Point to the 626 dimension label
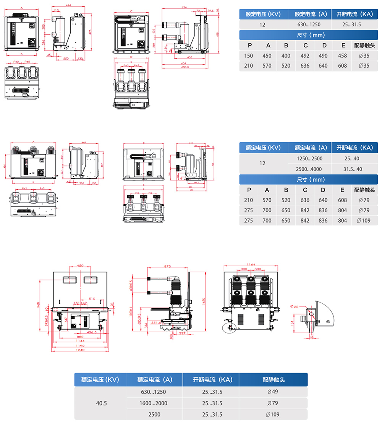[x=184, y=7]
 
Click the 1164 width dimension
[x=251, y=264]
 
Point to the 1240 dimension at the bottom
[x=80, y=350]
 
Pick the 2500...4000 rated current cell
[x=309, y=169]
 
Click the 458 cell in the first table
[x=342, y=56]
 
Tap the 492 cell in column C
[x=305, y=56]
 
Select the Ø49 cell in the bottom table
[x=273, y=392]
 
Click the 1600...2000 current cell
[x=155, y=403]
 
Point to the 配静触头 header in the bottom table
[x=273, y=380]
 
